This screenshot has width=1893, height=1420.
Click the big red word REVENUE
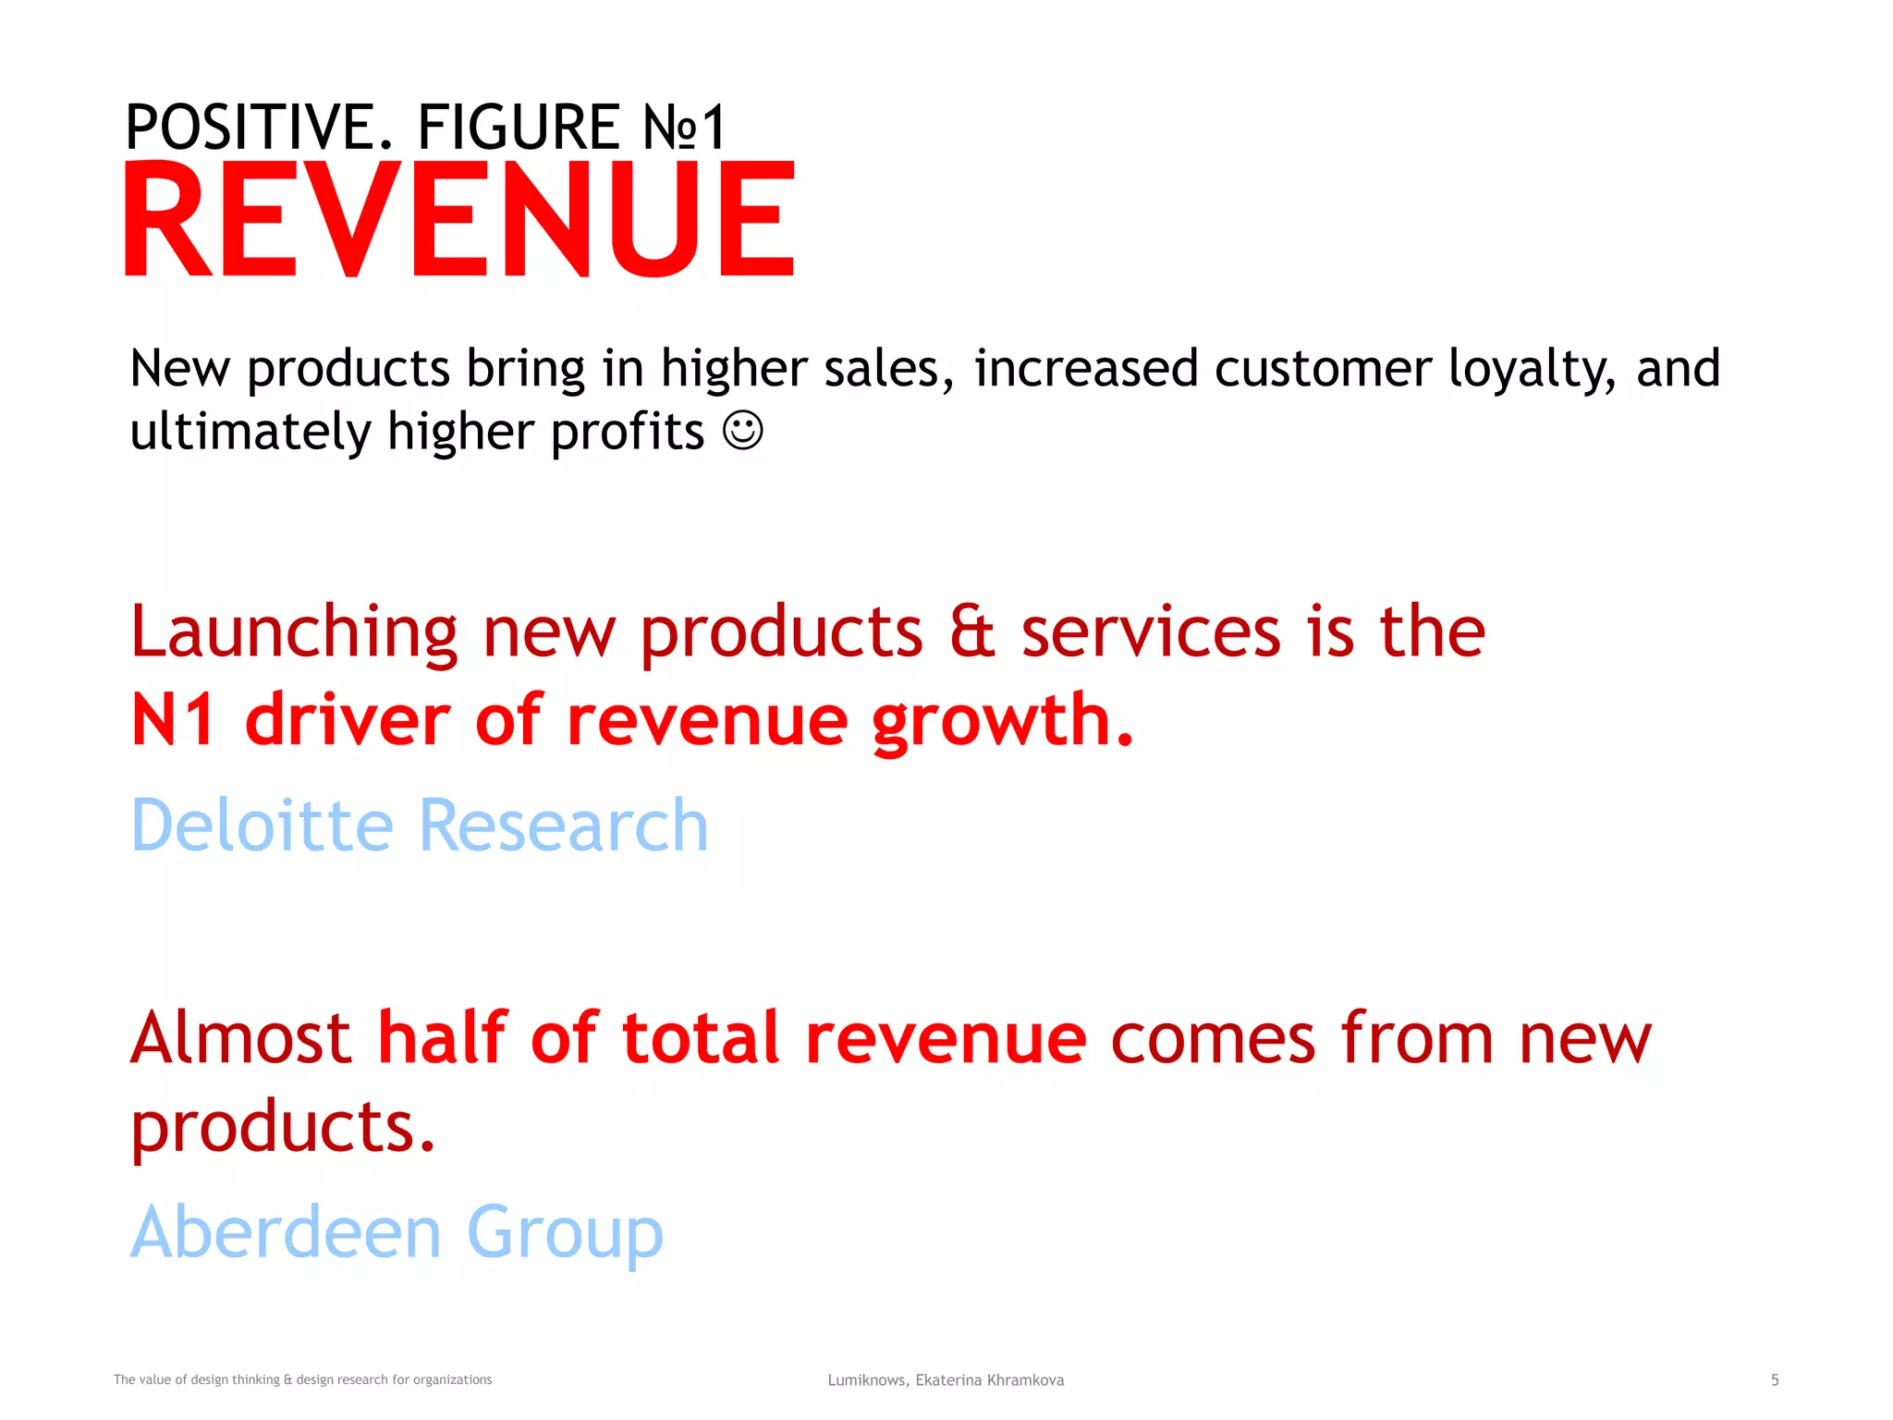click(x=459, y=219)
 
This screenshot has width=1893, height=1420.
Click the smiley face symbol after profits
click(x=742, y=431)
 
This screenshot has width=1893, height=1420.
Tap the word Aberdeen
click(x=286, y=1231)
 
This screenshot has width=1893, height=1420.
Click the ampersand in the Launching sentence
click(x=971, y=632)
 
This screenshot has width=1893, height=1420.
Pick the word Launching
click(x=294, y=634)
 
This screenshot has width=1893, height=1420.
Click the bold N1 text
click(x=174, y=720)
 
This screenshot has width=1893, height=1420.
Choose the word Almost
click(x=240, y=1038)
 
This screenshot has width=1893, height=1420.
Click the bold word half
click(x=443, y=1037)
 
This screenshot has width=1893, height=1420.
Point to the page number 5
click(x=1774, y=1380)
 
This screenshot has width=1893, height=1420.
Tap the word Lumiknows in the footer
click(x=868, y=1380)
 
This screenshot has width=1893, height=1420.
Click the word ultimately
click(x=249, y=433)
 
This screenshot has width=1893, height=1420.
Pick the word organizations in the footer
click(x=452, y=1380)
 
